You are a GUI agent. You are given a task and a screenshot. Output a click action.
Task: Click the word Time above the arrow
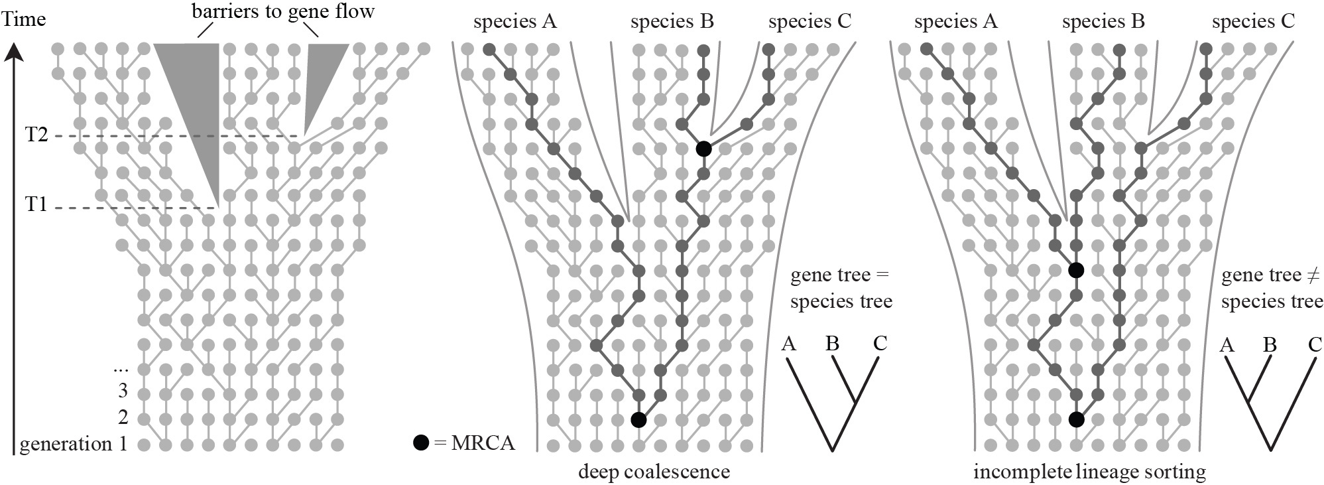coord(25,19)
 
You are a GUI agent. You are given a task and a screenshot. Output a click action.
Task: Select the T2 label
coord(36,135)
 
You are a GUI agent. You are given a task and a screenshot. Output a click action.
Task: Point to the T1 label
coord(36,205)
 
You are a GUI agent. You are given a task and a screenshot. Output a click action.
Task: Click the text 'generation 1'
coord(73,444)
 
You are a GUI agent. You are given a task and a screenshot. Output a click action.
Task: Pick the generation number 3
coord(122,391)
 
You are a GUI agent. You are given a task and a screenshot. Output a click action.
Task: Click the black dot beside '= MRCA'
coord(420,443)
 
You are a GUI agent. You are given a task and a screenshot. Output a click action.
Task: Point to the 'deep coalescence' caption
coord(654,472)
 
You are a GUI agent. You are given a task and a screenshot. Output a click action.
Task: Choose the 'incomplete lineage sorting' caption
coord(1089,472)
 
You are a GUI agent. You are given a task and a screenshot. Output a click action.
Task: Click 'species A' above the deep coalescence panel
coord(515,22)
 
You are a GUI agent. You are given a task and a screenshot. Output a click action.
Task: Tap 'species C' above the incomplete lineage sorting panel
coord(1253,22)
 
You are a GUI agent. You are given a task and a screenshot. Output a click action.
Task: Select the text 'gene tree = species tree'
coord(841,289)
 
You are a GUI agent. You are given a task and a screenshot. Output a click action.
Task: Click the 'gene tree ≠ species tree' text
coord(1272,289)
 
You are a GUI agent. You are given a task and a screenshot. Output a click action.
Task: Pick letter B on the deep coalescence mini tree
coord(833,344)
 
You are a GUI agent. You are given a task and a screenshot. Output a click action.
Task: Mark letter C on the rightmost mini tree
coord(1315,345)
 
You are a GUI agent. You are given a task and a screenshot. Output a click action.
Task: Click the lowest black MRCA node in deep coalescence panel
coord(638,419)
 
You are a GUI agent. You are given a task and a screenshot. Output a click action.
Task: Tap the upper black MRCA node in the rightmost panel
coord(1077,270)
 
